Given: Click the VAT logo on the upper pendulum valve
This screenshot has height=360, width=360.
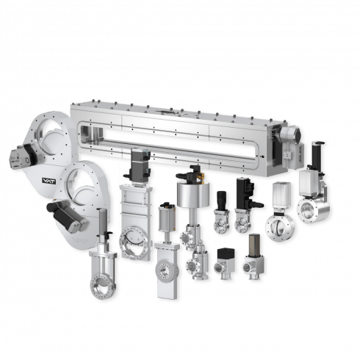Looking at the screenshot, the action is tap(49, 181).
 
